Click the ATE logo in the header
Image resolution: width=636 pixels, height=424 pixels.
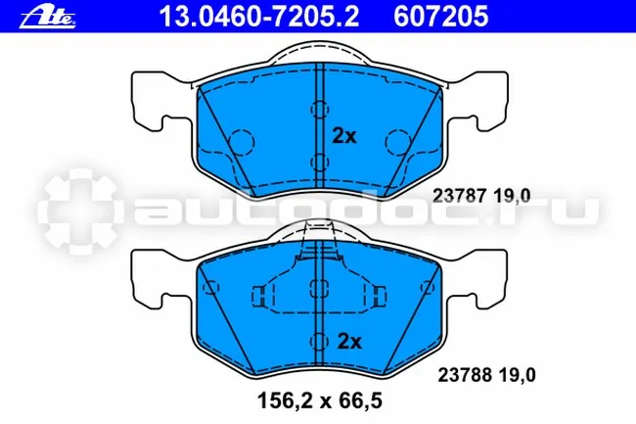click(48, 18)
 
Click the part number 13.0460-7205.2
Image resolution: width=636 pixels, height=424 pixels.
click(259, 17)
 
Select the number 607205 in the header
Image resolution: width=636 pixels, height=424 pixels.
click(441, 17)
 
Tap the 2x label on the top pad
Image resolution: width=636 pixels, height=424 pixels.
click(344, 136)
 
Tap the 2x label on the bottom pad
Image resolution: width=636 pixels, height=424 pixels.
click(349, 342)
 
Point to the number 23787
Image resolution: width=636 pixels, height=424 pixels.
click(459, 196)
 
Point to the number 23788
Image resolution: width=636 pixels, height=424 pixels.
click(465, 375)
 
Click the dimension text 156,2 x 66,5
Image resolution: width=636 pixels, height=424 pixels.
click(320, 401)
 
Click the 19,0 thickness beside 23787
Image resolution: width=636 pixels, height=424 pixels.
click(512, 196)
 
